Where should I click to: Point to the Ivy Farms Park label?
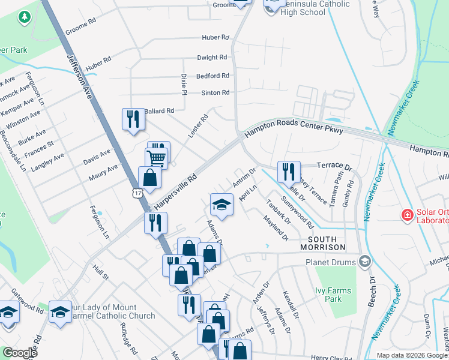tap(333, 295)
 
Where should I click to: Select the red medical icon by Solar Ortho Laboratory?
tap(406, 214)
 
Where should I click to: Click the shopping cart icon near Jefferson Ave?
tap(156, 158)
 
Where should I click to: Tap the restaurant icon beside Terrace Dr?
tap(289, 171)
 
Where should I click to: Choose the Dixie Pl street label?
tap(184, 83)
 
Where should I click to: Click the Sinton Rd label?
tap(215, 92)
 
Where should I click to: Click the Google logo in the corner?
tap(19, 353)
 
